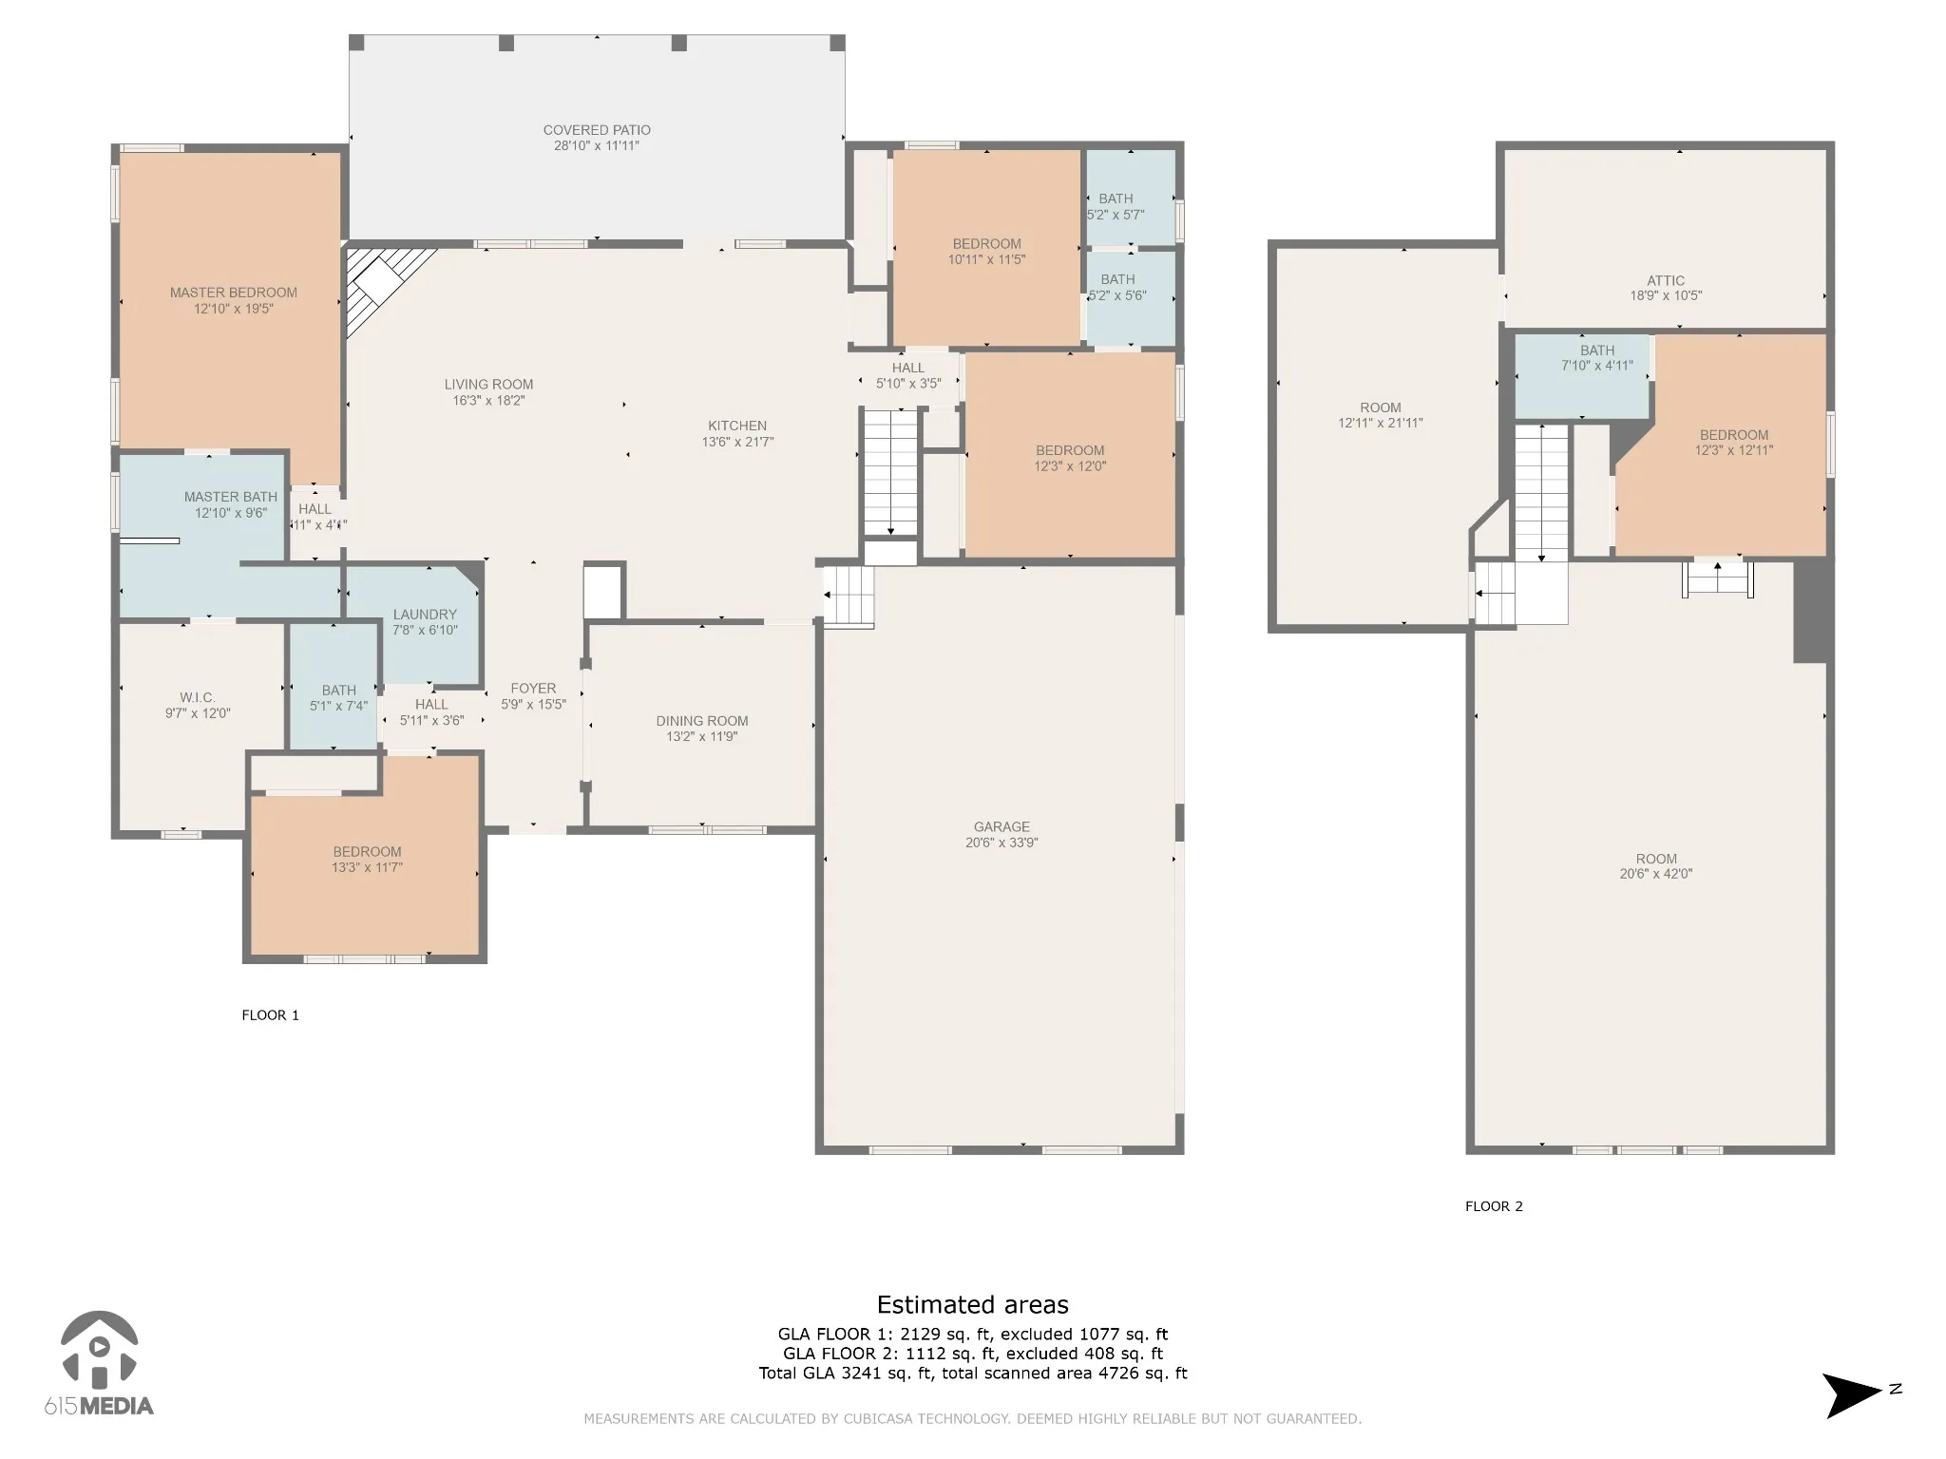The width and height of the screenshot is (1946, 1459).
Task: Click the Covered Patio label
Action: pos(597,130)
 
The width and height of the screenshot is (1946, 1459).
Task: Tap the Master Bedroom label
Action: pos(234,293)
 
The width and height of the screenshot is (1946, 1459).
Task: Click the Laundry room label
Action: pos(425,615)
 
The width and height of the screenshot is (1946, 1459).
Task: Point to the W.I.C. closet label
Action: pos(198,698)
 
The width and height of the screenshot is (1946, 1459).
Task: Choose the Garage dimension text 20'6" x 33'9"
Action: pos(1002,843)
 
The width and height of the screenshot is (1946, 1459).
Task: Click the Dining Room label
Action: pos(702,721)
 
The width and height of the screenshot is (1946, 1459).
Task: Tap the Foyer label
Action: pos(533,689)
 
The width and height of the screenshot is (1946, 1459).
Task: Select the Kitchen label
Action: pos(737,426)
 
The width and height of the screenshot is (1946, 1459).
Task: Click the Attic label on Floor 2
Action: pos(1666,281)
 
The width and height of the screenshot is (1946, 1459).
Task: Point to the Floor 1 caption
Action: pos(271,1015)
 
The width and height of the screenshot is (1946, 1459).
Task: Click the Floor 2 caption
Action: pos(1494,1206)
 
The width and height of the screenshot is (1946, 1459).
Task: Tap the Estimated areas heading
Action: pos(973,1305)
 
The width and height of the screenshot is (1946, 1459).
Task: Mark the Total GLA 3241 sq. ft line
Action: pos(973,1373)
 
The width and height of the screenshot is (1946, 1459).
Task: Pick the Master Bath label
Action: pos(231,497)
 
